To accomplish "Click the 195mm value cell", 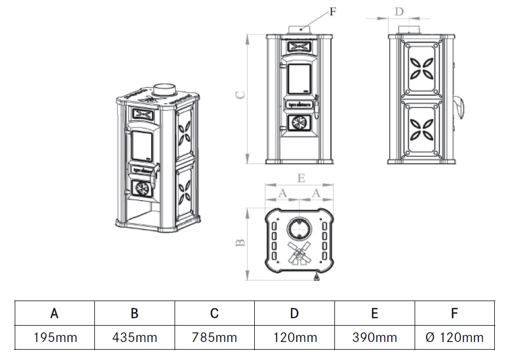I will (x=55, y=338).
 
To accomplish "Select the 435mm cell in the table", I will (x=135, y=338).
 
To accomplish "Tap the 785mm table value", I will (x=214, y=338).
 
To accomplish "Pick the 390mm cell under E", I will (x=374, y=338).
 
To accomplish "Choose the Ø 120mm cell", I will (x=454, y=338).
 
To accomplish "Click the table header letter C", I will (x=214, y=314).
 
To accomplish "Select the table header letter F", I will (x=454, y=314).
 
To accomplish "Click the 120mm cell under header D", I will (x=295, y=338).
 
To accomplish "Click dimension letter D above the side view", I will (x=399, y=11).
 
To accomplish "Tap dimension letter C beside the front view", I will (x=240, y=94).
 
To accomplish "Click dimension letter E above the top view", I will (x=301, y=178).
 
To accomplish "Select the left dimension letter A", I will (x=282, y=193).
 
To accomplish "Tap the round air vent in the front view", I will (x=298, y=123).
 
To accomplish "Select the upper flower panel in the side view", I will (x=422, y=68).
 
